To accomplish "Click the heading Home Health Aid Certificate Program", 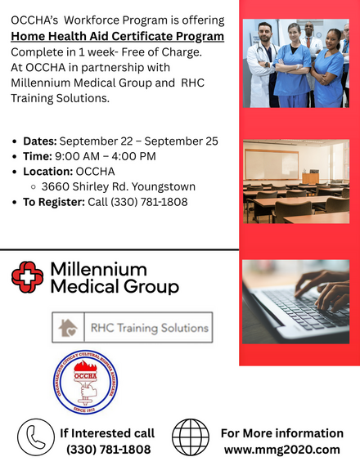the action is [x=118, y=36].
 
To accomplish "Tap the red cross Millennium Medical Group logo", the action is [x=27, y=277].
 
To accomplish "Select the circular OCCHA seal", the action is [x=85, y=382].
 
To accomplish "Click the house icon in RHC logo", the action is [x=68, y=328].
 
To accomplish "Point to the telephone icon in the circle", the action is [x=36, y=437].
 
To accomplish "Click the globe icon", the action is [x=191, y=437].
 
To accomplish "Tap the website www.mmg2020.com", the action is [x=282, y=450].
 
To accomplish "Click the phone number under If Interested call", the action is [x=108, y=450].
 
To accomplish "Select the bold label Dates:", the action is [x=40, y=141].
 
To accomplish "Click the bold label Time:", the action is [x=38, y=156].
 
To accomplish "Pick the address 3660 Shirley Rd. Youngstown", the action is [x=119, y=186].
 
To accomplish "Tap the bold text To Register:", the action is [x=54, y=202].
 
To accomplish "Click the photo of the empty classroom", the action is [x=296, y=181].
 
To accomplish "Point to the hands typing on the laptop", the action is [x=323, y=289].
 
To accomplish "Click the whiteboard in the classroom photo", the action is [x=272, y=164].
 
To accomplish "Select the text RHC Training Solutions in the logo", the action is [x=150, y=328].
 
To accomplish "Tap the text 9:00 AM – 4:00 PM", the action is [x=106, y=156].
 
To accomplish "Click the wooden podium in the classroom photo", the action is [x=311, y=177].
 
